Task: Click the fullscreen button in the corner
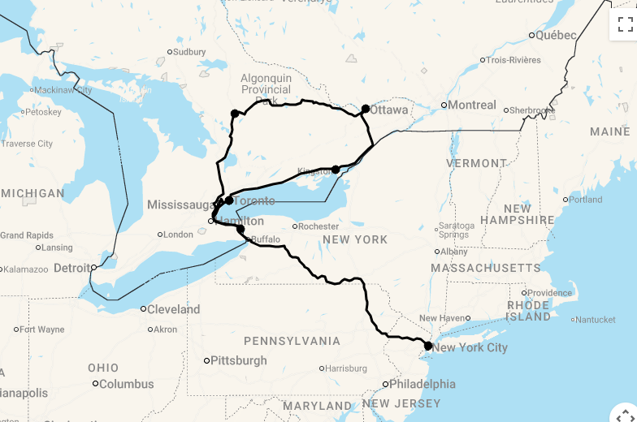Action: (624, 24)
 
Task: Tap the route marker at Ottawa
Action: (366, 109)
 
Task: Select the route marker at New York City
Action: (428, 346)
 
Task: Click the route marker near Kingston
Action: (336, 170)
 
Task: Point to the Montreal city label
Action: (472, 105)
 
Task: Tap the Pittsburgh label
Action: (238, 360)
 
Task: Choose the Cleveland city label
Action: (173, 309)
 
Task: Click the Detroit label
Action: (72, 267)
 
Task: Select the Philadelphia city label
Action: (422, 384)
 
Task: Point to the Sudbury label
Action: (189, 52)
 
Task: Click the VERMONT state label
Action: (476, 163)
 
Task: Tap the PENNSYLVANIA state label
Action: (292, 340)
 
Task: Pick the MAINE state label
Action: (609, 131)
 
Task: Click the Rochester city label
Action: (318, 226)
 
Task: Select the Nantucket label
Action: (597, 320)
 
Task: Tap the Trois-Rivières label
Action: (513, 60)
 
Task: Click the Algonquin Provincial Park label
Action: (266, 89)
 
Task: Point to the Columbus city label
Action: (127, 384)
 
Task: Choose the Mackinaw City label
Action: (63, 90)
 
